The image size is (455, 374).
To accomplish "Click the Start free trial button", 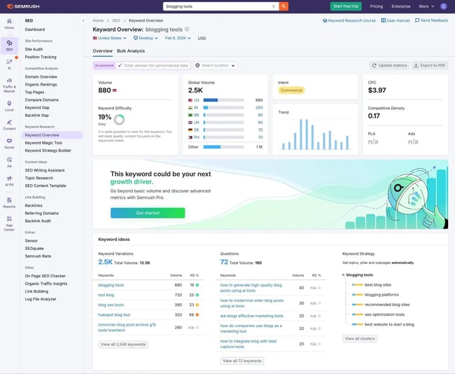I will [346, 6].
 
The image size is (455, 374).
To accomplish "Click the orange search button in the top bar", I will [283, 6].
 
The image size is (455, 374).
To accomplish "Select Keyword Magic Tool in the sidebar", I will [43, 142].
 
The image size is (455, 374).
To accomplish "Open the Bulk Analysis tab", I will [131, 51].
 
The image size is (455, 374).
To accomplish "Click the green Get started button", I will [148, 212].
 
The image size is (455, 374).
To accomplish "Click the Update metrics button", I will [389, 65].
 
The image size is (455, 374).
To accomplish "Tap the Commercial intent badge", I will [291, 90].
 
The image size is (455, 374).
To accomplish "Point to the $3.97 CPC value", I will [377, 90].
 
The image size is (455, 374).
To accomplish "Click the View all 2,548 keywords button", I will [123, 345].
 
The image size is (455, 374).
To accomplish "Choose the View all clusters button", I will [360, 338].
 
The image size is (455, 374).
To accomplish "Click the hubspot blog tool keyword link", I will [115, 315].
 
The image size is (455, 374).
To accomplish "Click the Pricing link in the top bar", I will [377, 6].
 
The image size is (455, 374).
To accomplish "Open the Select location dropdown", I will [215, 65].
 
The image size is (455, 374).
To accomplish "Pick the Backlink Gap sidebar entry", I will [38, 114].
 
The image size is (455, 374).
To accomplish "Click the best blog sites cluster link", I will [378, 285].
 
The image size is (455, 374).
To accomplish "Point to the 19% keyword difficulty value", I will [105, 118].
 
